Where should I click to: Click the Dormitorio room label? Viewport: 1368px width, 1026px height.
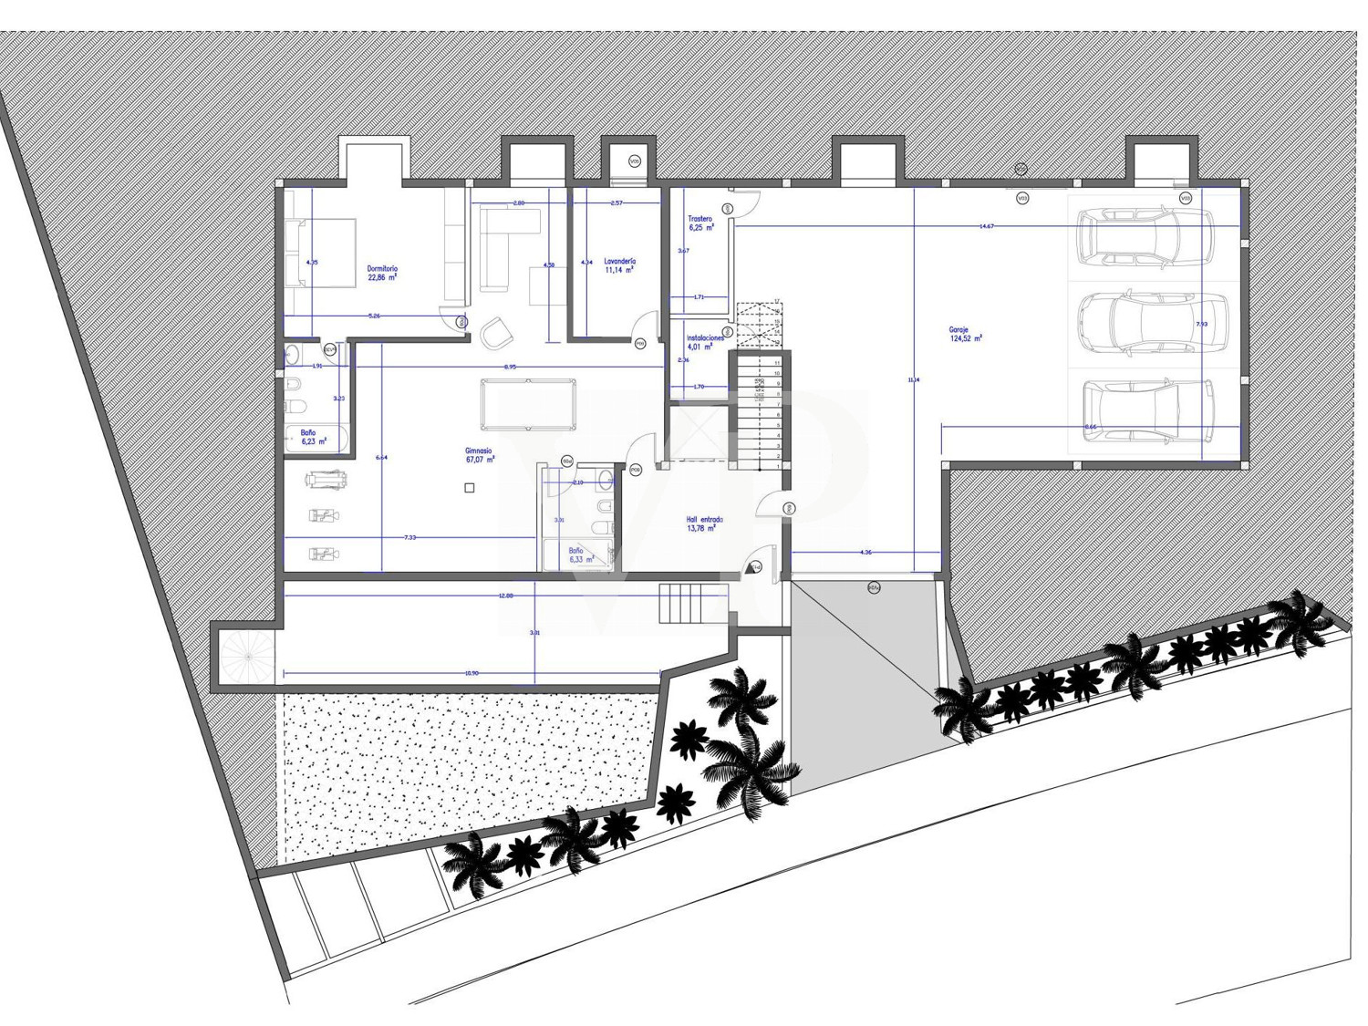click(382, 273)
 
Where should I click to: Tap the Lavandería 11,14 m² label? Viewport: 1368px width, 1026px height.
click(619, 265)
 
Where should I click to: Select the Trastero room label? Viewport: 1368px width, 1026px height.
click(700, 223)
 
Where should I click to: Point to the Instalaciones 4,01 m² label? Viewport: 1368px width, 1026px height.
click(705, 342)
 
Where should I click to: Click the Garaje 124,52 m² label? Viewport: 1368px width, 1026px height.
click(965, 334)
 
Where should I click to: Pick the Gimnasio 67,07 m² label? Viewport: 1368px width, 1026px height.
click(479, 455)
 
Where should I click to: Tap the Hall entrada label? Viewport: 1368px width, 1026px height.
click(704, 523)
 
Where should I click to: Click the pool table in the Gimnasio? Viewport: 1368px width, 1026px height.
click(528, 404)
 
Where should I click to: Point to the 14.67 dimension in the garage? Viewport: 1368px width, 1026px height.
click(986, 226)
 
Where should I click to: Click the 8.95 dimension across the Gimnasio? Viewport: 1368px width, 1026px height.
click(512, 367)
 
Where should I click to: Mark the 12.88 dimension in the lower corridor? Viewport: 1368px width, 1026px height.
click(506, 596)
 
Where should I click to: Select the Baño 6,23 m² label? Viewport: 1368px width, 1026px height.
click(308, 438)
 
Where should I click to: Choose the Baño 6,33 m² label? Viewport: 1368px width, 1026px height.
click(580, 555)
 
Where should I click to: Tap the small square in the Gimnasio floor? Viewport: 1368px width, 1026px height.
click(470, 488)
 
